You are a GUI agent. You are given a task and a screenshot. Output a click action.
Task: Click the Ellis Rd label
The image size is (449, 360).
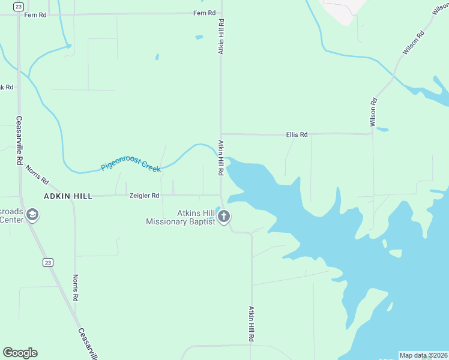tap(297, 135)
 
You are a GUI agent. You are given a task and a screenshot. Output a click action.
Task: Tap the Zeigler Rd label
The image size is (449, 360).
tap(144, 196)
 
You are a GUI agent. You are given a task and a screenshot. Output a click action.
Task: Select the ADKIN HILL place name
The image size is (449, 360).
tap(68, 196)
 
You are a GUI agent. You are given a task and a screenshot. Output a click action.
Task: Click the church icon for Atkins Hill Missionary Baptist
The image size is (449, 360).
tap(224, 217)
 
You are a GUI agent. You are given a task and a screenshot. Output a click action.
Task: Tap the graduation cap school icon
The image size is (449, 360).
tap(32, 215)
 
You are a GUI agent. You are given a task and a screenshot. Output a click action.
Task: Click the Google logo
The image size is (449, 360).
tap(20, 353)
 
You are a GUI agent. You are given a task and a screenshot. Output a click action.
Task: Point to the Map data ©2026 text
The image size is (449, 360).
tap(423, 355)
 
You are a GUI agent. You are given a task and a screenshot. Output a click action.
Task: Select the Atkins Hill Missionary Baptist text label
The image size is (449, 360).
tap(181, 217)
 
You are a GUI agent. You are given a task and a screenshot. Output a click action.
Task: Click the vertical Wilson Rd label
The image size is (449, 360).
tap(373, 112)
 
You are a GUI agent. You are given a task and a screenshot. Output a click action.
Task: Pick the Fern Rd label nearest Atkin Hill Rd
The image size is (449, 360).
tap(204, 13)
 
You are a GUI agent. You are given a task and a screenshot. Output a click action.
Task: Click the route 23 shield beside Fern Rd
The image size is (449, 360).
tap(19, 6)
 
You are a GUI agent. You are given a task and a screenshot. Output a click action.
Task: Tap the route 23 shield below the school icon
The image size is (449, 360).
tap(47, 262)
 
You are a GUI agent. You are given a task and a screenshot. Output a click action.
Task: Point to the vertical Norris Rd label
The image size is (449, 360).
tap(76, 288)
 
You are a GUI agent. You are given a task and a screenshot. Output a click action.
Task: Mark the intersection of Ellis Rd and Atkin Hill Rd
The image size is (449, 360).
tap(221, 134)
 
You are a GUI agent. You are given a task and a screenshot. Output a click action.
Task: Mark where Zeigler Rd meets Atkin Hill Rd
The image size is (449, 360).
tap(221, 195)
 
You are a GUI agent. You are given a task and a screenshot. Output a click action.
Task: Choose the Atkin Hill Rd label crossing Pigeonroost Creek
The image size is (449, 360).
tap(221, 158)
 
